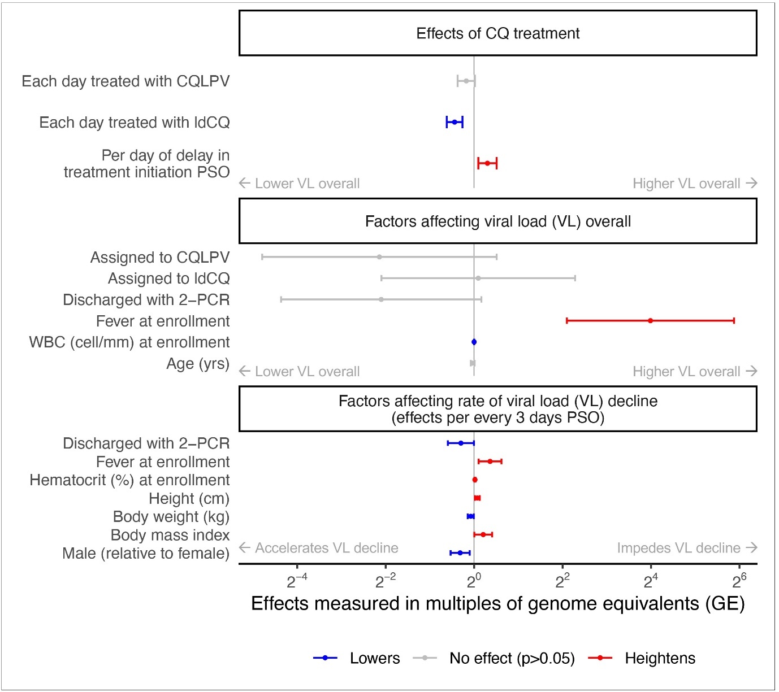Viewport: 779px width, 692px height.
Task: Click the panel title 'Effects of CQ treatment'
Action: point(497,33)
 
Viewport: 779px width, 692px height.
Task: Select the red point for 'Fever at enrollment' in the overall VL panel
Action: point(650,320)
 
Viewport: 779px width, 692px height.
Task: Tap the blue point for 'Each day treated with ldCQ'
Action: point(455,122)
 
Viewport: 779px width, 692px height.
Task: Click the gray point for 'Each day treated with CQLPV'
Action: point(466,81)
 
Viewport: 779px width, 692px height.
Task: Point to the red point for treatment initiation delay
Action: point(487,163)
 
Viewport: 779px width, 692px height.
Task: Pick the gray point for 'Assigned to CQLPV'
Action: point(379,257)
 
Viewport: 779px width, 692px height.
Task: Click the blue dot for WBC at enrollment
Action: point(474,342)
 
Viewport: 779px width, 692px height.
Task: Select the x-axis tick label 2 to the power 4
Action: point(651,581)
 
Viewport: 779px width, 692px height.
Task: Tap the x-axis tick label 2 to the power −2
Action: point(385,581)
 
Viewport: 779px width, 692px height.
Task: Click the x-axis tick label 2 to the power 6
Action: point(739,581)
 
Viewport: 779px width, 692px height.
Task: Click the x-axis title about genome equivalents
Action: point(497,604)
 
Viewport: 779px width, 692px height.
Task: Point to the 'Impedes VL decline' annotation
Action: point(686,548)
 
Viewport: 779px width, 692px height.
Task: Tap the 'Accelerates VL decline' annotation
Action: point(319,548)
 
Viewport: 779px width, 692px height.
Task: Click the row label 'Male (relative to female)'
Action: point(146,554)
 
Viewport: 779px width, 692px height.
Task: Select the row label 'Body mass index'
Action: point(170,535)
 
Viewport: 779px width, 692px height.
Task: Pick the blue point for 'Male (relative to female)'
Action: point(460,553)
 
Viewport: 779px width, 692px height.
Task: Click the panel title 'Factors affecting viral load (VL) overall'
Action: point(497,221)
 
